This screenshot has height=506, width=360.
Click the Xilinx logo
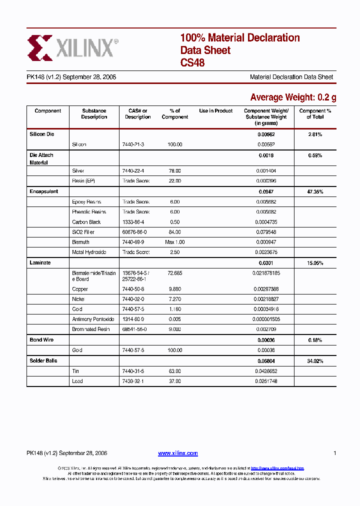[73, 47]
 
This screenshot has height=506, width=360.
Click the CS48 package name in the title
[192, 63]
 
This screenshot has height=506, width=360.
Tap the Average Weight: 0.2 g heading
[292, 97]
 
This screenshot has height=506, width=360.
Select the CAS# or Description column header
[137, 114]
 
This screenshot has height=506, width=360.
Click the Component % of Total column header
[315, 114]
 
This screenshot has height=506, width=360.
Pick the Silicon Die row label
[42, 134]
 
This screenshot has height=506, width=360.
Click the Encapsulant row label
[44, 191]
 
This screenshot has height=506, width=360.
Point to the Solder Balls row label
[43, 360]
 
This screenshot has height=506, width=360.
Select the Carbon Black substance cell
[86, 222]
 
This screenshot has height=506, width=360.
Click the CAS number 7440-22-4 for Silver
[133, 171]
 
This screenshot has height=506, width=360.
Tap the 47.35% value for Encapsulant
[315, 191]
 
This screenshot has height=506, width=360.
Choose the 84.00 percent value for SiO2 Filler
[174, 232]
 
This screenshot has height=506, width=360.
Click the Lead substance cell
[77, 381]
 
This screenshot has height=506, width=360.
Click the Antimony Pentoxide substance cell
[93, 319]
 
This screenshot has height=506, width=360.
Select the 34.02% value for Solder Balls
[315, 360]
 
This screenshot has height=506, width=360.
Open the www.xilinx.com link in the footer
[178, 453]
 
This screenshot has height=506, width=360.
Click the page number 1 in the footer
[334, 453]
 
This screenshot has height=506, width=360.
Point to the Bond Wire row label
[41, 340]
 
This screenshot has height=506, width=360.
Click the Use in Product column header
[216, 111]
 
